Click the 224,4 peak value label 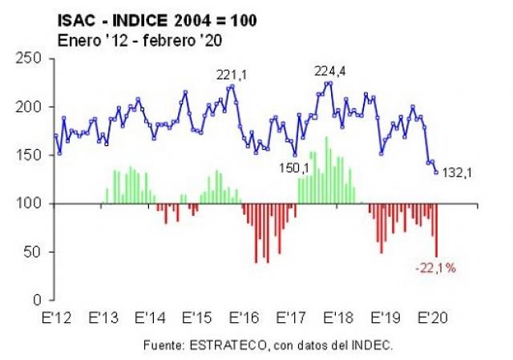coord(329,71)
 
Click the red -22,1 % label coord(435,268)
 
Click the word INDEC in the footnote coord(375,346)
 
